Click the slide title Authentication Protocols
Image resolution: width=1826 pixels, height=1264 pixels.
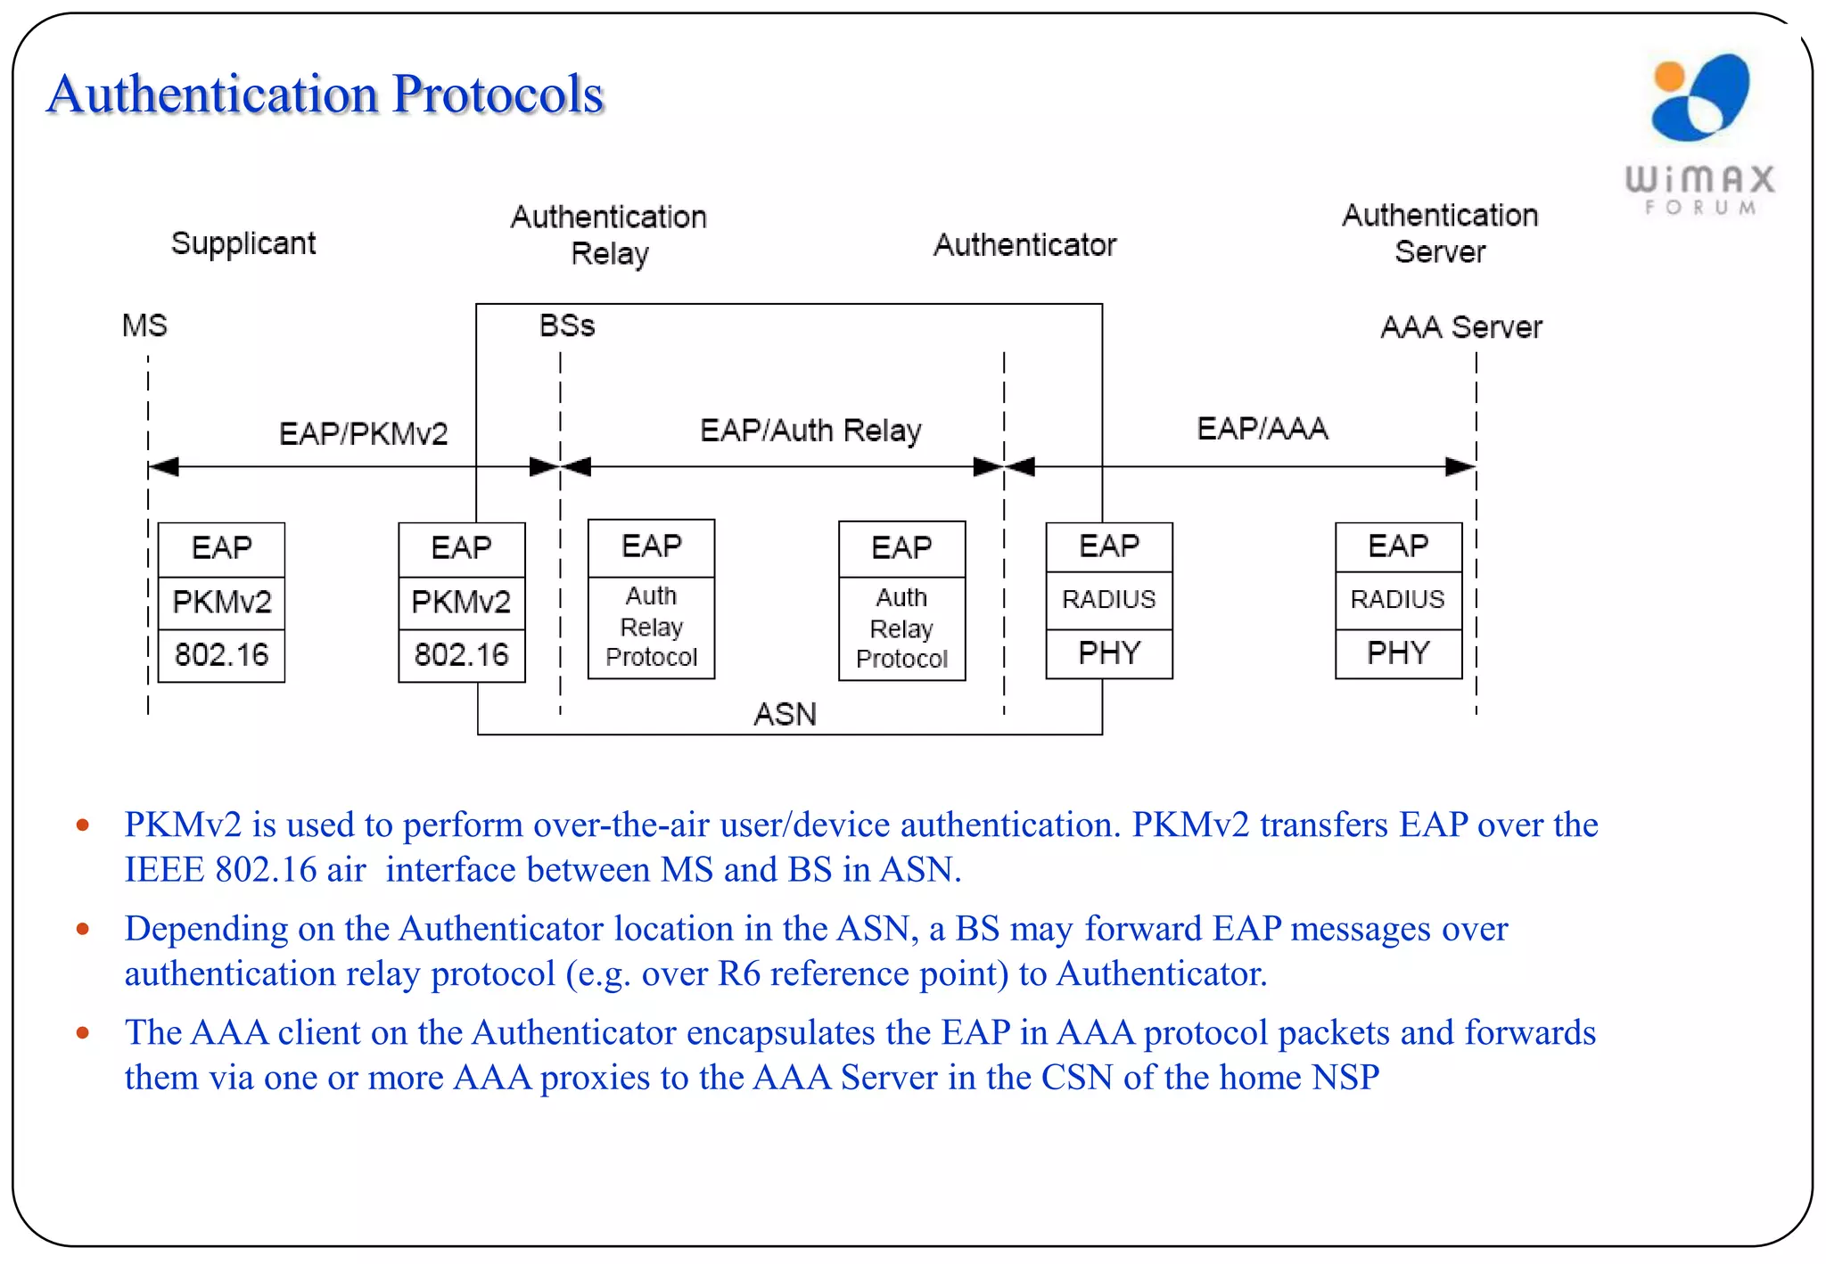pos(325,94)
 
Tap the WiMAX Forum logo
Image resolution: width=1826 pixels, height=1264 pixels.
pos(1699,134)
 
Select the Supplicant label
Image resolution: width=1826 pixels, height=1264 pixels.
pos(243,243)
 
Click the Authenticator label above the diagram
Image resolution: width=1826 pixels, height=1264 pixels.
pos(1024,245)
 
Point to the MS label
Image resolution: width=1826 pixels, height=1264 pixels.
pos(144,325)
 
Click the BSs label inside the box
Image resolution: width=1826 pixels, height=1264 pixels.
pos(566,325)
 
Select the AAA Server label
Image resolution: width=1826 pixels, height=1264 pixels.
pos(1460,327)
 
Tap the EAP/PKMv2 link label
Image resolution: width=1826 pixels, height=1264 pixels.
pos(363,434)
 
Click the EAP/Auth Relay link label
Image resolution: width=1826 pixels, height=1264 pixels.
pos(810,431)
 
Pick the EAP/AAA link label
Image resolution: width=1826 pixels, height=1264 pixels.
pos(1262,429)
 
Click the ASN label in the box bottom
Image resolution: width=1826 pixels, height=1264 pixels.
pos(785,714)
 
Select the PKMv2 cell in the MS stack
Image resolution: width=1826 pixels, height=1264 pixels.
pos(221,603)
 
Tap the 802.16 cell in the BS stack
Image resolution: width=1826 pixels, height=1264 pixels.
pos(461,655)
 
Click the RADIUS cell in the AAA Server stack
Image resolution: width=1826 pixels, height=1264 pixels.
pos(1397,599)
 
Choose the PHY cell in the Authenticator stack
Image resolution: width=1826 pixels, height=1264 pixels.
pos(1108,653)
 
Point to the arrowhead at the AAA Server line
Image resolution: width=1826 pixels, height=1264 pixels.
pos(1460,466)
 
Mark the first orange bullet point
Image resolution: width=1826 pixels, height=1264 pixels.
pos(83,825)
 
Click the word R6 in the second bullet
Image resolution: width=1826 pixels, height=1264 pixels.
pos(739,973)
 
